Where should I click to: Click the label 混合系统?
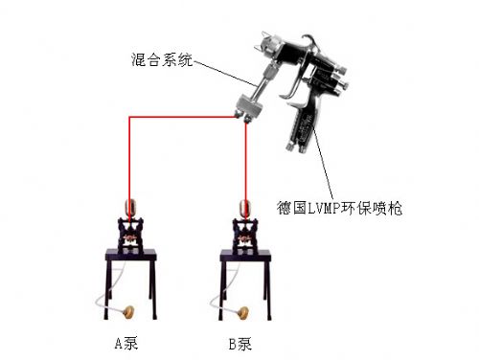[x=162, y=59]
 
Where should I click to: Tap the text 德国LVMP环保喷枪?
[x=339, y=208]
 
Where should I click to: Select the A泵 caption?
[x=126, y=343]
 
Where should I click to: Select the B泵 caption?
[x=240, y=344]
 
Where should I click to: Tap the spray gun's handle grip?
[x=301, y=127]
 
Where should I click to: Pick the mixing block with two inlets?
[x=248, y=106]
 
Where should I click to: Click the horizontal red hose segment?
[x=183, y=117]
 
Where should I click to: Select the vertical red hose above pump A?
[x=129, y=169]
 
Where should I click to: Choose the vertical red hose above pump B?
[x=246, y=170]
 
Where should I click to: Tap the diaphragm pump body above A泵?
[x=130, y=236]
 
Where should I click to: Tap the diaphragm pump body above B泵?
[x=245, y=236]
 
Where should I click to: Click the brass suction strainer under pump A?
[x=128, y=312]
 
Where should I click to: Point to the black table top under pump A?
[x=130, y=255]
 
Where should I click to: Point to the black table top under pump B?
[x=245, y=255]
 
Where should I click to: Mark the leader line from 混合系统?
[x=224, y=74]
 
